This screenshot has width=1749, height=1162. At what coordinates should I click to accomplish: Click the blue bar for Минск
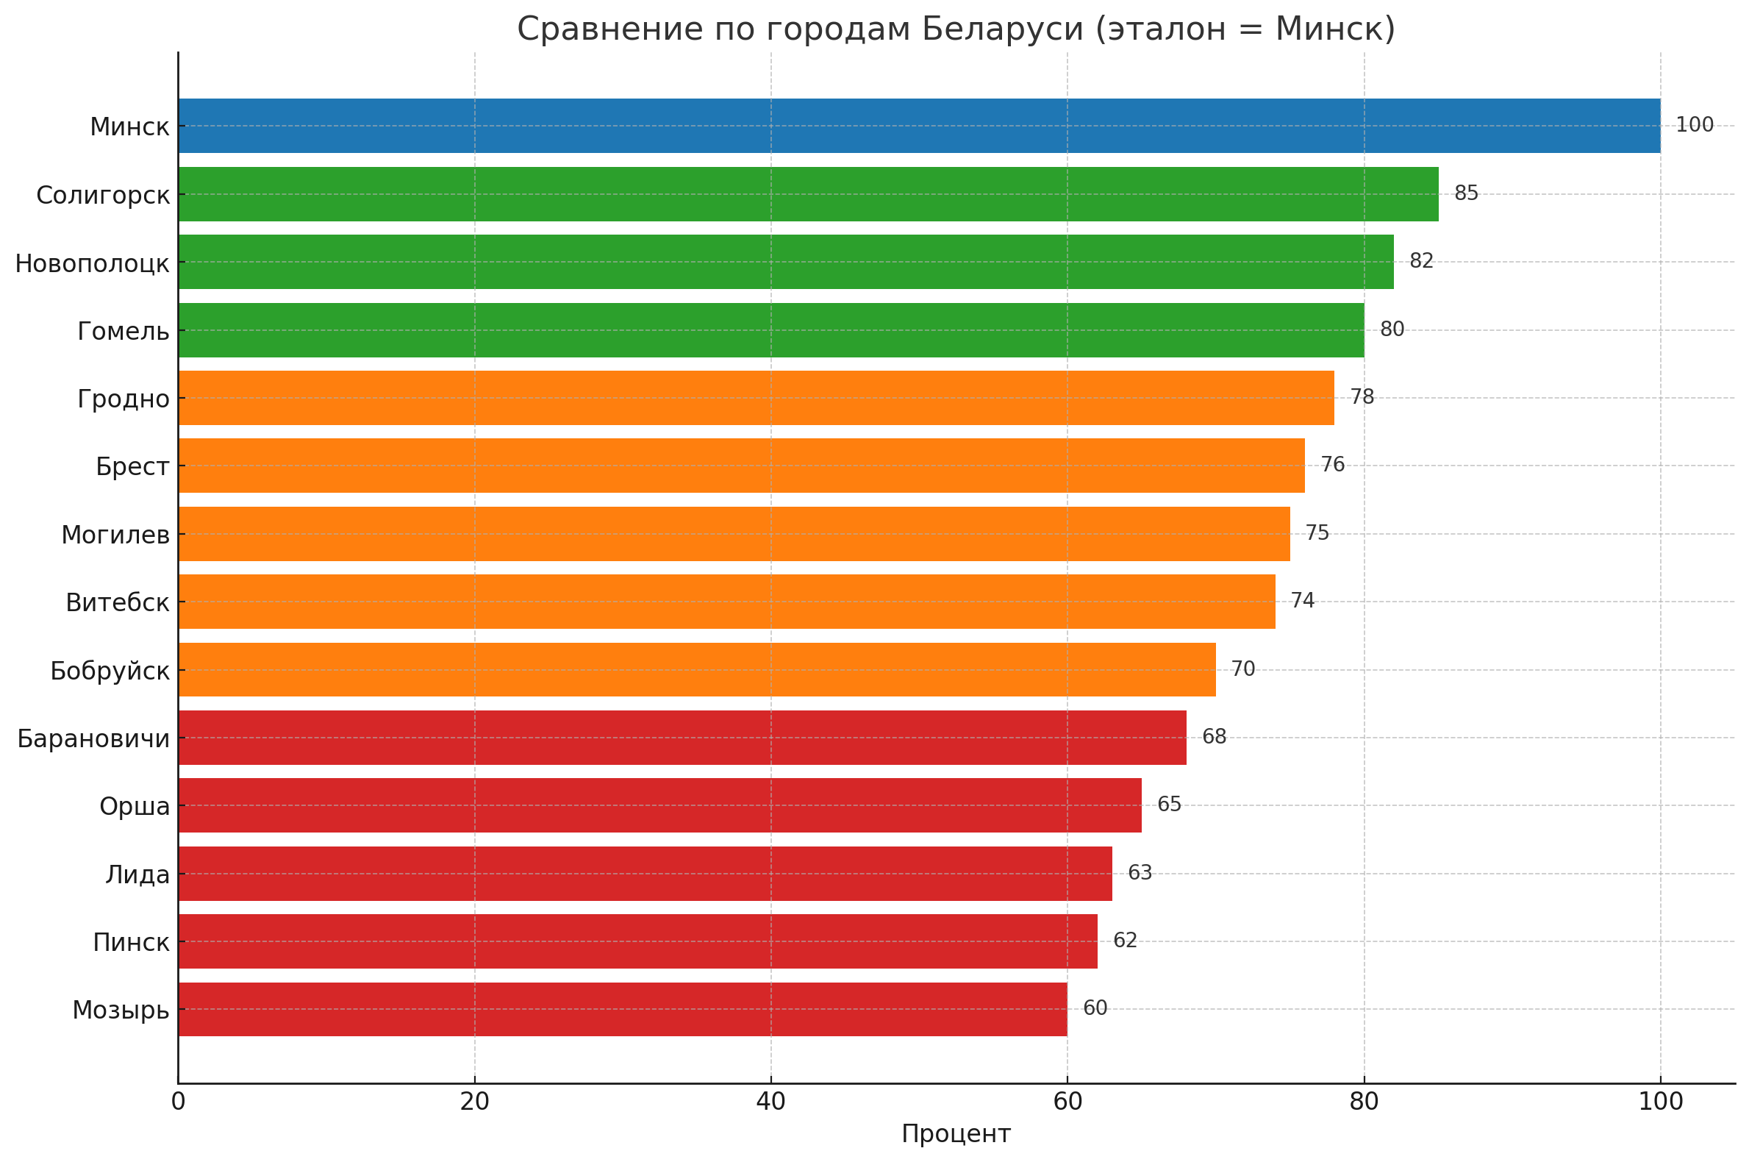918,126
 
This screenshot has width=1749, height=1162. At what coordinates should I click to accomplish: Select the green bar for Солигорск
807,194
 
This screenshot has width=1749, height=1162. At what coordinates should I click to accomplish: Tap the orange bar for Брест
741,466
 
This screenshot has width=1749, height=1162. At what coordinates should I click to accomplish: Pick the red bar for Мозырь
622,1009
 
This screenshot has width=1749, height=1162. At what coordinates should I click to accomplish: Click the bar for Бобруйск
696,670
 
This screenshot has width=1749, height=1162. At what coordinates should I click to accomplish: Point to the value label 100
1694,125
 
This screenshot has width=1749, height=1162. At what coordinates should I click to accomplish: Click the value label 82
1421,262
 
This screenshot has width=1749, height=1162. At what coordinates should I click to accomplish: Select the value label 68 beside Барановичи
1213,738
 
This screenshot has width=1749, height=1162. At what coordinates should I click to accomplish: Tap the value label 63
1140,873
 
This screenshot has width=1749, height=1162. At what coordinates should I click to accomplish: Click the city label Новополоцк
93,264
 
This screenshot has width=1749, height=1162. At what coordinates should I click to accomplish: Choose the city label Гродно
124,399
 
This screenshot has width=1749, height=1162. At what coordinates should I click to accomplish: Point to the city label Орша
135,806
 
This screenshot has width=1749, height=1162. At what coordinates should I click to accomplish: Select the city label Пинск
131,943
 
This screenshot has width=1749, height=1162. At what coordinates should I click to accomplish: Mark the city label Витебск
118,603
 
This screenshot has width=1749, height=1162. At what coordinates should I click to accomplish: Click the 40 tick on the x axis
770,1102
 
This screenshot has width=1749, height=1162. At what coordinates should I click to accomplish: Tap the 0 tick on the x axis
178,1102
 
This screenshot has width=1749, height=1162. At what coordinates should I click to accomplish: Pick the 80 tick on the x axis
1363,1102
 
